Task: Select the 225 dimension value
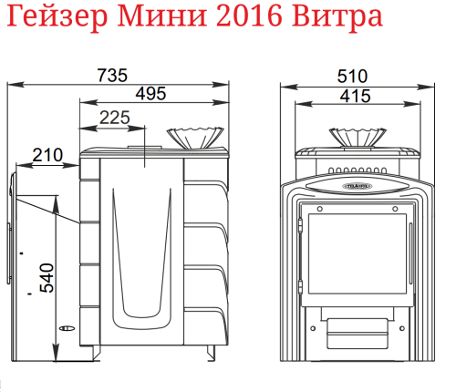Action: [114, 117]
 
